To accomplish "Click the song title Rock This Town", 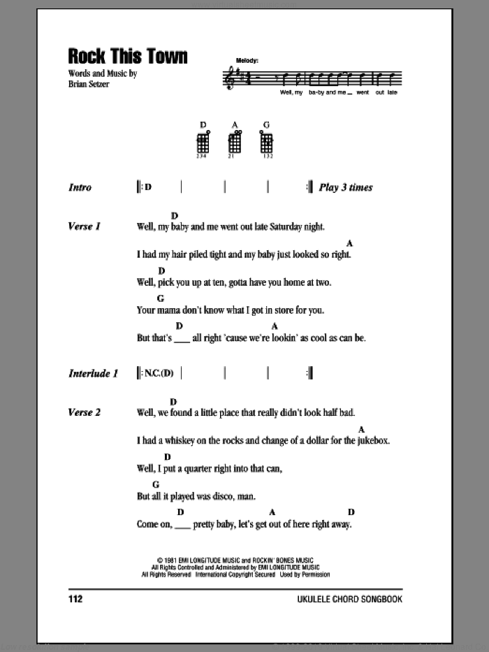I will (x=128, y=56).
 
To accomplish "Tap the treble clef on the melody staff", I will (x=228, y=78).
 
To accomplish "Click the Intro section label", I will (x=80, y=187).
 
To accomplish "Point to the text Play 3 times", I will (x=346, y=187).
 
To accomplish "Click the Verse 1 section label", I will (x=85, y=226).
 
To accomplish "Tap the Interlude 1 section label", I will (x=93, y=373).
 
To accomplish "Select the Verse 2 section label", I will (x=85, y=412).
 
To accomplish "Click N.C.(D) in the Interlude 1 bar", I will (x=158, y=373).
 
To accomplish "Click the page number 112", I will (x=76, y=599).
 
